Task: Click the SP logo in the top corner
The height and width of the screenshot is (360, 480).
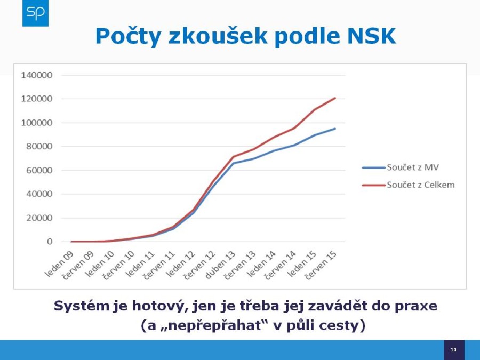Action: pyautogui.click(x=35, y=13)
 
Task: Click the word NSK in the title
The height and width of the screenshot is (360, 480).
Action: pyautogui.click(x=371, y=36)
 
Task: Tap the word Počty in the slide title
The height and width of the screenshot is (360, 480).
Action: pyautogui.click(x=128, y=36)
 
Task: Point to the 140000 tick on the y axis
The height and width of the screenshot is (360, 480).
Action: pyautogui.click(x=36, y=75)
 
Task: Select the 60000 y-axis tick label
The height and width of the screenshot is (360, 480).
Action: pyautogui.click(x=39, y=170)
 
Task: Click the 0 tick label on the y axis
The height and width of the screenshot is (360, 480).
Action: pyautogui.click(x=50, y=242)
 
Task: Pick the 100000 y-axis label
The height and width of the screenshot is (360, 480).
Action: pyautogui.click(x=36, y=123)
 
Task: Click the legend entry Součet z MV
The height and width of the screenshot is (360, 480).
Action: pyautogui.click(x=401, y=167)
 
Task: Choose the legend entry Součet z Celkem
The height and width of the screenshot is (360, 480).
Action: pyautogui.click(x=409, y=185)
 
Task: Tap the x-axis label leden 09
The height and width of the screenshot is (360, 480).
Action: pyautogui.click(x=59, y=264)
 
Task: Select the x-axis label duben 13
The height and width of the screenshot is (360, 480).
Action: pyautogui.click(x=220, y=265)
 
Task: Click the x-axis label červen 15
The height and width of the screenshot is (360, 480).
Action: pyautogui.click(x=322, y=265)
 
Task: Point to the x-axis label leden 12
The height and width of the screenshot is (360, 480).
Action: pyautogui.click(x=181, y=264)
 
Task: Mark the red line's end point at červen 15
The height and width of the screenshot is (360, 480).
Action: pyautogui.click(x=335, y=98)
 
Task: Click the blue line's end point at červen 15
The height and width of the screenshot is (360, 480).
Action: pyautogui.click(x=335, y=129)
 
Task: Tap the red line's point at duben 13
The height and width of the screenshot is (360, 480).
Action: pyautogui.click(x=234, y=157)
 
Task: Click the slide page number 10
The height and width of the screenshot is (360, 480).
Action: pyautogui.click(x=454, y=350)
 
